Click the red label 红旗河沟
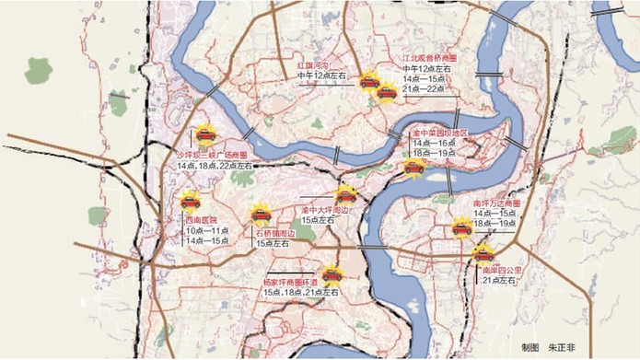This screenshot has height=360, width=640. click(x=315, y=66)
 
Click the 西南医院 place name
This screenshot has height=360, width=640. click(x=201, y=221)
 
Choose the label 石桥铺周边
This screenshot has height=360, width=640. click(x=274, y=234)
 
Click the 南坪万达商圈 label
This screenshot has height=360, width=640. click(x=496, y=202)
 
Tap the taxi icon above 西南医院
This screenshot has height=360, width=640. click(x=190, y=202)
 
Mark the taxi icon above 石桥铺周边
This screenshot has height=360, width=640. click(x=261, y=215)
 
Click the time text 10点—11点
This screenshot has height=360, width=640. click(x=204, y=231)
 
